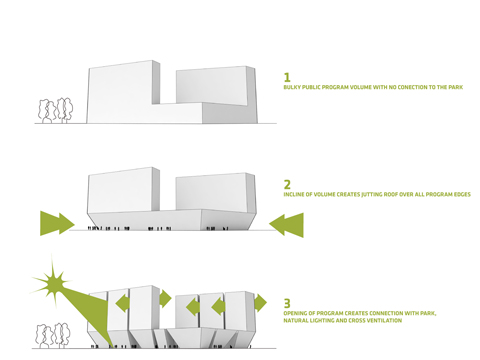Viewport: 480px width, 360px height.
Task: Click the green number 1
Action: [288, 77]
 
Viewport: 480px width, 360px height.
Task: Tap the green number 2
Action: [288, 184]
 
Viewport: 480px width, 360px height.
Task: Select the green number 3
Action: [288, 300]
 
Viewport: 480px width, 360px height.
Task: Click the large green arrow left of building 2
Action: [61, 222]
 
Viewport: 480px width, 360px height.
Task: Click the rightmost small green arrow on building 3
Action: [259, 303]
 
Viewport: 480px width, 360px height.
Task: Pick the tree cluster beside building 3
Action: [56, 334]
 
